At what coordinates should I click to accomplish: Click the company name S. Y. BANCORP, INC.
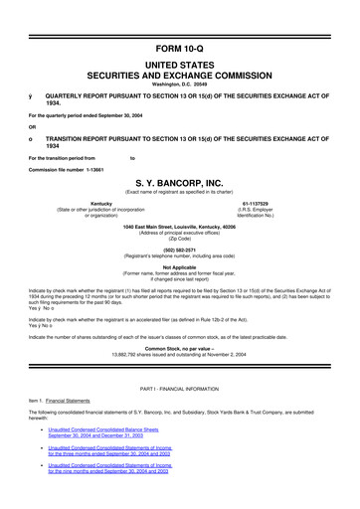180,182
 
